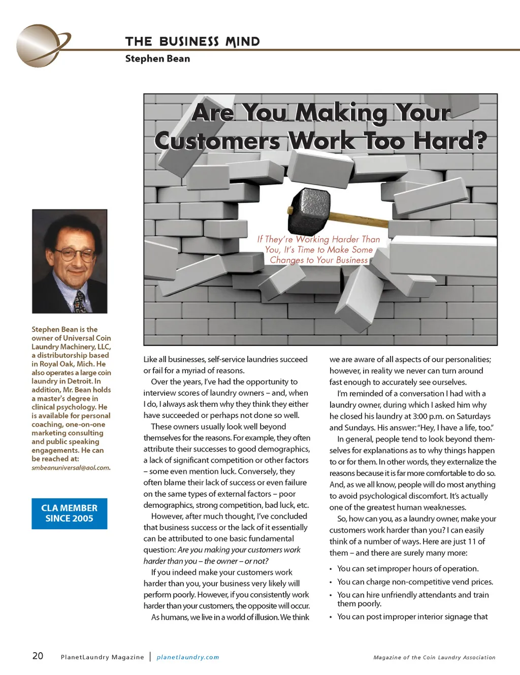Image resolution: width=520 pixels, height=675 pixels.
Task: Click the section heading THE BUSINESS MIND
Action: pos(192,42)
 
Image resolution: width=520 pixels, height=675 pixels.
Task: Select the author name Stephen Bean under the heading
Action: pos(157,58)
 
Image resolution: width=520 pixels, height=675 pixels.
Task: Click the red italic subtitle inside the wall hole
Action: pos(318,249)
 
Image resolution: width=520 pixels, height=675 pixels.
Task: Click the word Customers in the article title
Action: pos(217,141)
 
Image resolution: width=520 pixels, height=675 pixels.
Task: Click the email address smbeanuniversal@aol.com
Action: pos(71,468)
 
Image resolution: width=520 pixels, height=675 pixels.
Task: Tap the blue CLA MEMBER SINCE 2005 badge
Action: pos(70,513)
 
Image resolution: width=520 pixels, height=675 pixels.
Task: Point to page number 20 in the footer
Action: pos(38,656)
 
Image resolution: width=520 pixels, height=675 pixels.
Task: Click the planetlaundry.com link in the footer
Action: pos(188,657)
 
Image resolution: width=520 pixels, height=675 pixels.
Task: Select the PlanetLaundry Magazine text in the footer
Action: pos(102,657)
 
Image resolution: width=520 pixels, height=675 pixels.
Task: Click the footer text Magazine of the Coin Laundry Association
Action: pos(434,657)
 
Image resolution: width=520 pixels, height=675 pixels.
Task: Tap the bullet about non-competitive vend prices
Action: pos(415,582)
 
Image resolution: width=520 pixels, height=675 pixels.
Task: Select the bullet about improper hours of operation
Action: pos(408,569)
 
